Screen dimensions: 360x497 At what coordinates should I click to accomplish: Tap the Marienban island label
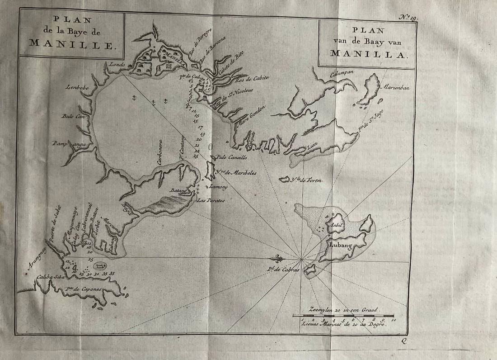tap(397, 88)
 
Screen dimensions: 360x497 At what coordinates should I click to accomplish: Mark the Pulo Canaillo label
tap(232, 158)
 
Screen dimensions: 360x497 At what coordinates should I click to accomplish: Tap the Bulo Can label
tap(73, 116)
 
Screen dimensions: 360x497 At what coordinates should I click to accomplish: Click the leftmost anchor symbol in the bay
tap(134, 97)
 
